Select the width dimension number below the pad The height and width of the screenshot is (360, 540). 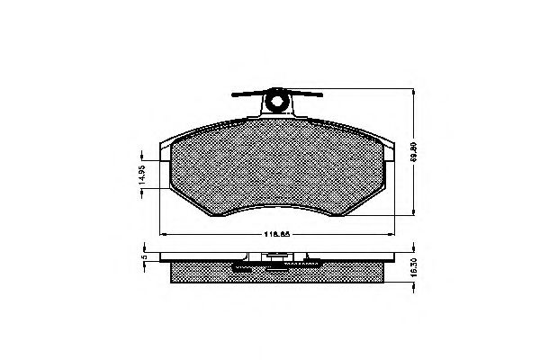click(x=275, y=236)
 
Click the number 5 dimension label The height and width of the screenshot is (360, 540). click(x=143, y=258)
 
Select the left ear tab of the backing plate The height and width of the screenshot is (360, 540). click(x=163, y=153)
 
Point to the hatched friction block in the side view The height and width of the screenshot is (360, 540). click(x=277, y=275)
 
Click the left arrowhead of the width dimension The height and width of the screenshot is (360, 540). click(x=161, y=235)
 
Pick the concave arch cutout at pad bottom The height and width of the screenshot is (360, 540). click(x=277, y=209)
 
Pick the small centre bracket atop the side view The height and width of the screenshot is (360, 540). click(x=276, y=257)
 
